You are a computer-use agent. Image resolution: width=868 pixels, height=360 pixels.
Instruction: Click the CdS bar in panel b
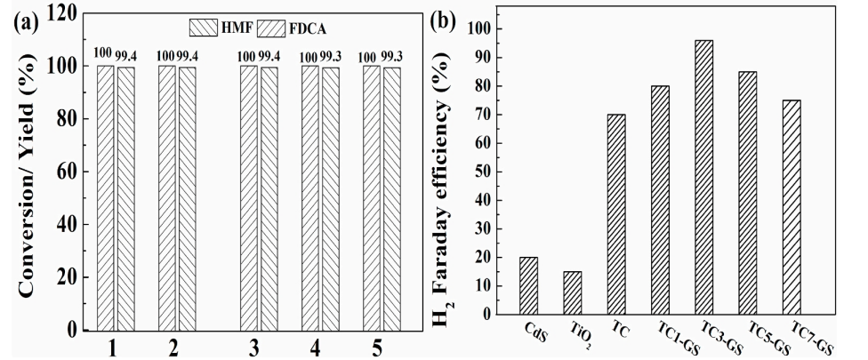click(528, 285)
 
